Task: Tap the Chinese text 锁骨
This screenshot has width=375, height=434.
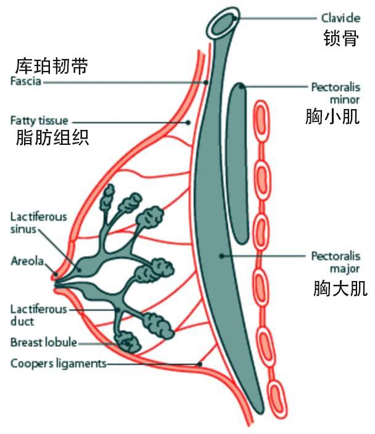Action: [340, 39]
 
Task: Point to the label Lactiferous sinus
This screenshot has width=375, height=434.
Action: [38, 223]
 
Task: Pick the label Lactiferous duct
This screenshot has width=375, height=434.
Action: [38, 315]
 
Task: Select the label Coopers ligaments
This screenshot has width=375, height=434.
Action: [59, 363]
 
